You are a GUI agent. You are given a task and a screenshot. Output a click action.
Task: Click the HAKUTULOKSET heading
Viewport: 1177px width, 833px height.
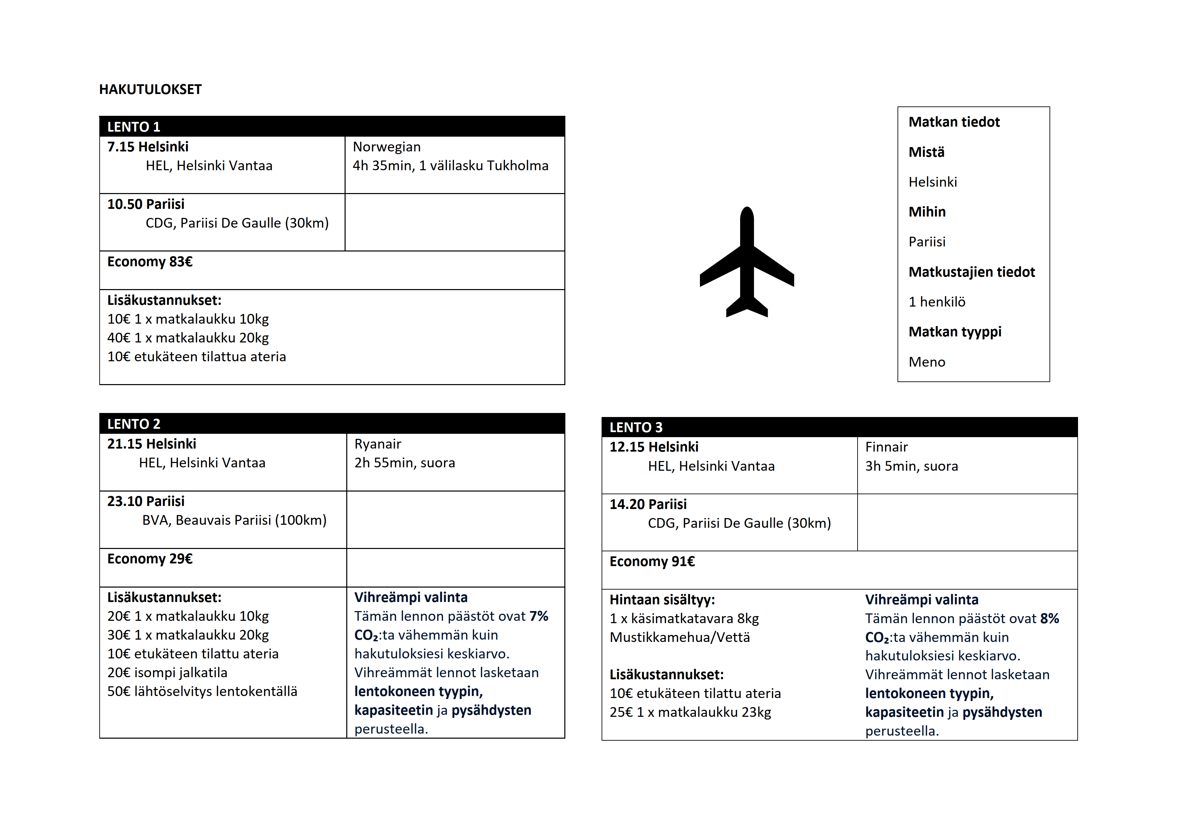(x=150, y=90)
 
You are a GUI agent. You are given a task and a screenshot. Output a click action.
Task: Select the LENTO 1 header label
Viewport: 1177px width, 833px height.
(x=134, y=127)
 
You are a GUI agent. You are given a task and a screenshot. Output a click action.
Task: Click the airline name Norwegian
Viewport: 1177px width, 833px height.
(x=387, y=147)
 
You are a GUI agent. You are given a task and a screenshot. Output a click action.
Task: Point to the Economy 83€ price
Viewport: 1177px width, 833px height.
(x=150, y=262)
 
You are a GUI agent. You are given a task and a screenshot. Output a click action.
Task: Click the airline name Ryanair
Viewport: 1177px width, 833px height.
(x=377, y=444)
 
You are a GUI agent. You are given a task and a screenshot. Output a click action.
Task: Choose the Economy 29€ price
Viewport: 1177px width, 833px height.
(x=150, y=559)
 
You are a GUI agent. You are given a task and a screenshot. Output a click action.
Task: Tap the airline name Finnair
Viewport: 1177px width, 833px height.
(x=886, y=447)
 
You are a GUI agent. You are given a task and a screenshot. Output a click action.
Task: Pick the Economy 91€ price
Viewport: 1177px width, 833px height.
(x=652, y=562)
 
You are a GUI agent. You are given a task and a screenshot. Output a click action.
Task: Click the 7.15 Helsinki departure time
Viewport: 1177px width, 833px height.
(x=148, y=147)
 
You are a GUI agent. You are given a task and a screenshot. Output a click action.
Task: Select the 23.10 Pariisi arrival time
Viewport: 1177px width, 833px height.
(x=146, y=502)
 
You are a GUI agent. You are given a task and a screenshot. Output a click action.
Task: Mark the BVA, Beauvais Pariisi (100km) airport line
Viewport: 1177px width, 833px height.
(x=234, y=521)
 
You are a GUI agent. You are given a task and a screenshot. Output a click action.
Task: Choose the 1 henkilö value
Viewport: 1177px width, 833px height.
(x=936, y=302)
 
